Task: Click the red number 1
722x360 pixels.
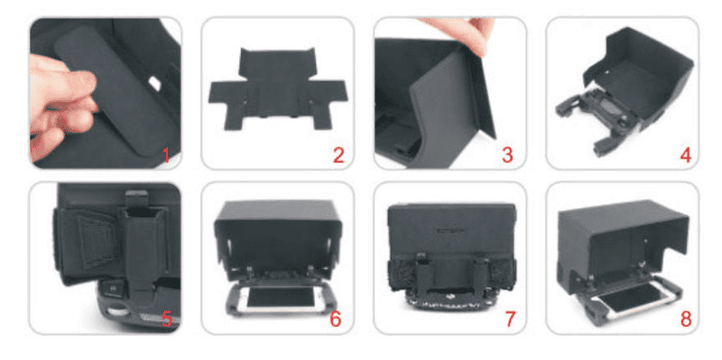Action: click(166, 156)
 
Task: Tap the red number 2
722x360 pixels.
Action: click(338, 155)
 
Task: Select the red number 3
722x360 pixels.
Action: click(507, 155)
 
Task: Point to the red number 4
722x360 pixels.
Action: click(686, 155)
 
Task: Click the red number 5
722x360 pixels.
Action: click(167, 318)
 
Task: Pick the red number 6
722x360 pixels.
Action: click(336, 319)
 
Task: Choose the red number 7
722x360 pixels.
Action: click(510, 319)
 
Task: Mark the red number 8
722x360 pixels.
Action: click(686, 319)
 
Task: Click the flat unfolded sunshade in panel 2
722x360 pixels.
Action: click(278, 88)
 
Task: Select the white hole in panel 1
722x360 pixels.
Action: click(154, 83)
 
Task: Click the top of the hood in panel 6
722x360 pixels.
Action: click(278, 209)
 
